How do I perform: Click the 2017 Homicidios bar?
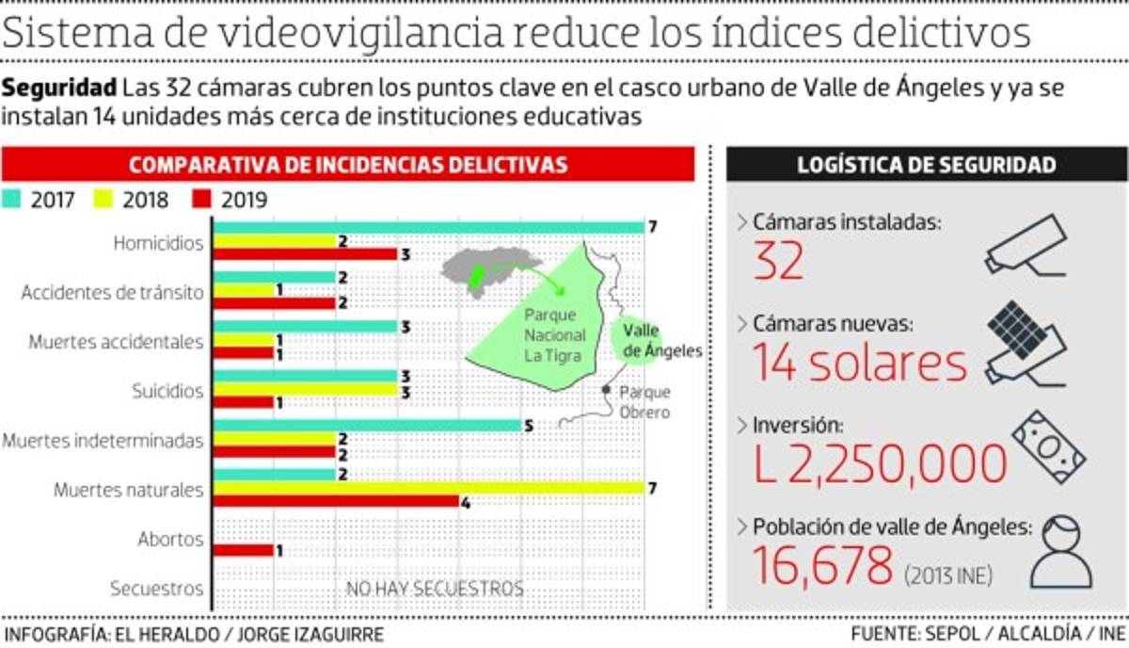(428, 227)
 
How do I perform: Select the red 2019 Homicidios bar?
(305, 254)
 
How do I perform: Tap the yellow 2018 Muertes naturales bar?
(428, 488)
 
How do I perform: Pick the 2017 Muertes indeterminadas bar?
(367, 425)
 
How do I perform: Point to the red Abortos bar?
(244, 550)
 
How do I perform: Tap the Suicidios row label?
(167, 391)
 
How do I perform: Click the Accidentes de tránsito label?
(113, 292)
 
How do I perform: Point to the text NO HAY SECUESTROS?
(435, 590)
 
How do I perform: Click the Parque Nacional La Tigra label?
(555, 335)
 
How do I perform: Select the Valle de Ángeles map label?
(661, 342)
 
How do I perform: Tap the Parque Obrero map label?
(644, 402)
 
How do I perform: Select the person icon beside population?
(1062, 556)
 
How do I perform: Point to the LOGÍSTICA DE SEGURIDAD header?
(926, 165)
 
